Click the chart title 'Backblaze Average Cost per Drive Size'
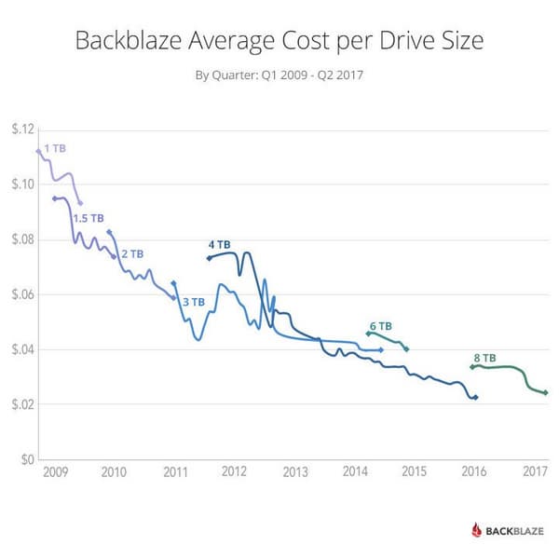[x=279, y=42]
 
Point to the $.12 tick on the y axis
[x=21, y=130]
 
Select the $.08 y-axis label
[x=21, y=239]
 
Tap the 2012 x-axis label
[x=233, y=472]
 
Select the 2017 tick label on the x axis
[x=535, y=472]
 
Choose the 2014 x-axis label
[x=354, y=472]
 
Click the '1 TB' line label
[x=55, y=148]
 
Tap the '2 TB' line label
[x=131, y=253]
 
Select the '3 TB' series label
[x=193, y=301]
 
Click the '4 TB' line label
[x=219, y=244]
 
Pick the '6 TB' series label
[x=380, y=326]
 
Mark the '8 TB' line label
[x=484, y=358]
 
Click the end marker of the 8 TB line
[x=546, y=393]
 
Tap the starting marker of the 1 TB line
[x=38, y=150]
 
